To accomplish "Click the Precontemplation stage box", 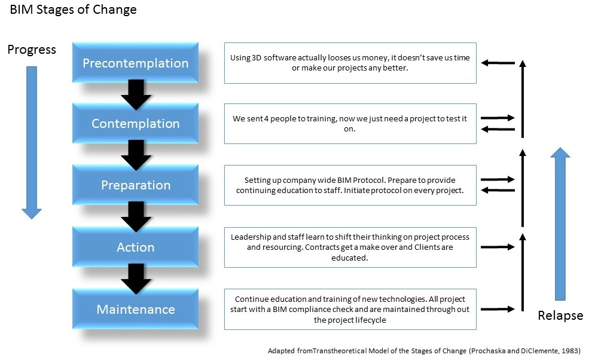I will [135, 63].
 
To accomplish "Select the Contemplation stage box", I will [135, 124].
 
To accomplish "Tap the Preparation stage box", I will [135, 185].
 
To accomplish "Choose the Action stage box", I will [135, 247].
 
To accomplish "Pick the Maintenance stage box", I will [135, 309].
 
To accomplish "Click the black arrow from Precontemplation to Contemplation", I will [136, 94].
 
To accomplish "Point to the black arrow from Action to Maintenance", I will [136, 279].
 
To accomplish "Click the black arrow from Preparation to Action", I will [136, 216].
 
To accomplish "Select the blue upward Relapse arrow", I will [560, 224].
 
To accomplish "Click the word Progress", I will [32, 50].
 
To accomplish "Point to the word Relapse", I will [560, 316].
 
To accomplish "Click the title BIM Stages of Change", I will [73, 10].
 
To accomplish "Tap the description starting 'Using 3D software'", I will [350, 63].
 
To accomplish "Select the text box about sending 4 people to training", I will [350, 124].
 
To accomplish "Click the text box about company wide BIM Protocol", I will [350, 185].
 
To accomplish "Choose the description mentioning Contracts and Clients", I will [350, 247].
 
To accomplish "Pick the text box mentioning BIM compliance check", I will [350, 309].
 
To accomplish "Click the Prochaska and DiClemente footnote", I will [424, 351].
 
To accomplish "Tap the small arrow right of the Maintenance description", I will [498, 309].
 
